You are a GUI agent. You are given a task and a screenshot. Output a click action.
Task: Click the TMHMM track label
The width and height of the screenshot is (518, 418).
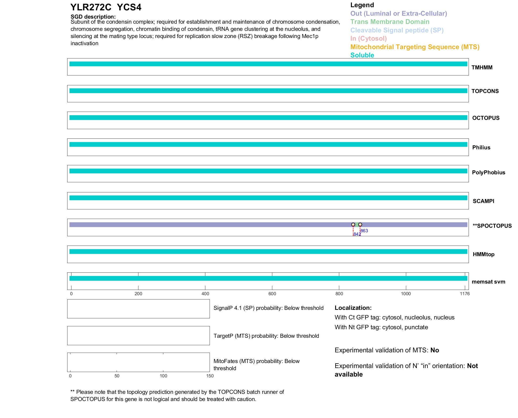click(x=482, y=67)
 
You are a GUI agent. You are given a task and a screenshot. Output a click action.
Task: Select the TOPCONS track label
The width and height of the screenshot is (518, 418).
click(x=485, y=91)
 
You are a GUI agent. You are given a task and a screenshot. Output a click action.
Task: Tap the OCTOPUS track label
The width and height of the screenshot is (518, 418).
click(x=486, y=118)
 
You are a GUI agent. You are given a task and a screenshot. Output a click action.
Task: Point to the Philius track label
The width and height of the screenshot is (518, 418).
click(x=481, y=147)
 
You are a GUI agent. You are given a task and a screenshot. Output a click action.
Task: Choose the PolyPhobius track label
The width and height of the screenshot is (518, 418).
click(x=488, y=172)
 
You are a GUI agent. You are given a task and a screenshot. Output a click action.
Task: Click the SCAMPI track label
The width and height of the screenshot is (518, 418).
click(x=483, y=201)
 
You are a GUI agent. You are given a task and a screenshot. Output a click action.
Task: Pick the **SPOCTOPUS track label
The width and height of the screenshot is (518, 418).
click(x=492, y=226)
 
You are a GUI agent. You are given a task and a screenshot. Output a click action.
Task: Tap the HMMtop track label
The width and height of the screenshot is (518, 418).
click(x=483, y=254)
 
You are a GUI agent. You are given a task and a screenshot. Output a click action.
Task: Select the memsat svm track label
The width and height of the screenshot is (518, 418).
click(x=488, y=282)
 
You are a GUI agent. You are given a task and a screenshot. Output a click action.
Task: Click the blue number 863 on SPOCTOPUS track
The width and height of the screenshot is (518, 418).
click(x=364, y=231)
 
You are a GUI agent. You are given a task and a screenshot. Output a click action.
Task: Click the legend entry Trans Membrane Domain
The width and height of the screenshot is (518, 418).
click(x=390, y=22)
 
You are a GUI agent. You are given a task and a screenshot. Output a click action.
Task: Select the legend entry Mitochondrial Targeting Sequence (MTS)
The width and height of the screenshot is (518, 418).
click(x=415, y=47)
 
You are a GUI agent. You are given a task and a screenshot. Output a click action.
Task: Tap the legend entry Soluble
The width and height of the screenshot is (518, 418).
click(x=362, y=55)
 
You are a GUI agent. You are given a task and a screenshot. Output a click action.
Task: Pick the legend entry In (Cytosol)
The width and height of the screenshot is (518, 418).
click(x=368, y=39)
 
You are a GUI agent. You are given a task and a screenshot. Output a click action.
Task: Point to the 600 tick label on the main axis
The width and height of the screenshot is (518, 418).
click(x=272, y=294)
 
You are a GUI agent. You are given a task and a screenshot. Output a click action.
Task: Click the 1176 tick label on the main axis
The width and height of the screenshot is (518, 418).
click(x=465, y=294)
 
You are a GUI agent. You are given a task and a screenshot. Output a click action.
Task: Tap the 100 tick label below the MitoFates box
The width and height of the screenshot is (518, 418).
click(x=163, y=376)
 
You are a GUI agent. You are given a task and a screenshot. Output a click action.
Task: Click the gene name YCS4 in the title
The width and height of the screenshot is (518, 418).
click(x=129, y=7)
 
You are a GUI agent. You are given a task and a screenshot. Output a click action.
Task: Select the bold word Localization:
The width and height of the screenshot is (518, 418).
click(x=353, y=308)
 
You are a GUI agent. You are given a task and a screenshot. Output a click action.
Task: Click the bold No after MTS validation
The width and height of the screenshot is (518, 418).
click(x=435, y=350)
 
